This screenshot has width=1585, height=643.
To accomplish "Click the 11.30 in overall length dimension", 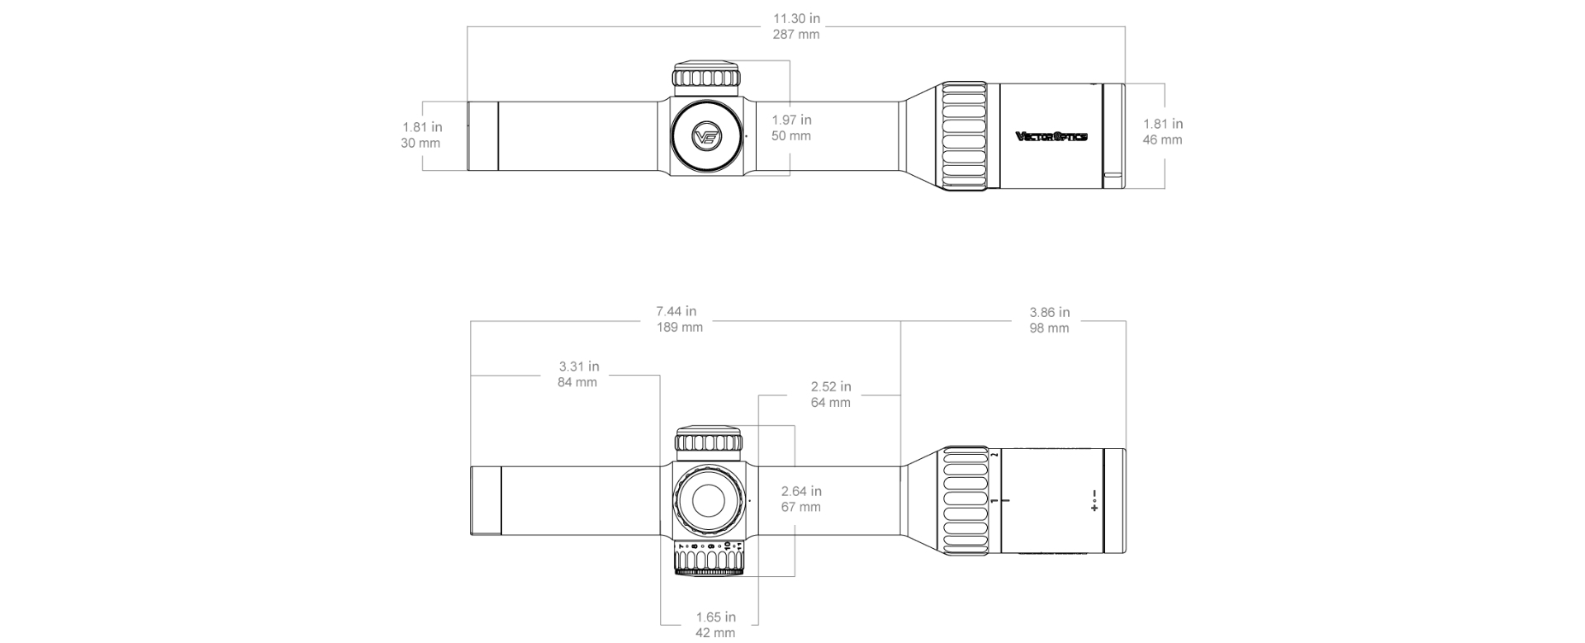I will pyautogui.click(x=796, y=18).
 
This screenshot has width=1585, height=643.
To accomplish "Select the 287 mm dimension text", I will pyautogui.click(x=796, y=35).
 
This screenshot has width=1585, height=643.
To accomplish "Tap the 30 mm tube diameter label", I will pyautogui.click(x=420, y=144).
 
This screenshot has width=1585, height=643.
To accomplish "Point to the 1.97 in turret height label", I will pyautogui.click(x=791, y=121).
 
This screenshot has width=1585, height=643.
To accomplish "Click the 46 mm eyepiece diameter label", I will pyautogui.click(x=1162, y=140).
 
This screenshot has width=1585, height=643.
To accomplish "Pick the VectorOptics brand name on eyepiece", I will pyautogui.click(x=1051, y=137).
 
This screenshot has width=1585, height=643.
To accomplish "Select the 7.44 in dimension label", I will pyautogui.click(x=676, y=311).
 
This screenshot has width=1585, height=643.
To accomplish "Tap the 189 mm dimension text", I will pyautogui.click(x=680, y=328).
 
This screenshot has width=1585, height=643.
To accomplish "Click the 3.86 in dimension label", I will pyautogui.click(x=1049, y=312).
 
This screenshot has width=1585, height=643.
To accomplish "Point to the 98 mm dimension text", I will pyautogui.click(x=1049, y=329).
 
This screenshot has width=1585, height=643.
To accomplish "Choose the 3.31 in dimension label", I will pyautogui.click(x=578, y=366).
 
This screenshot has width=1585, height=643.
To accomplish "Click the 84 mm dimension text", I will pyautogui.click(x=577, y=382).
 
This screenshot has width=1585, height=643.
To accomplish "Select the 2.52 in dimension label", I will pyautogui.click(x=830, y=386).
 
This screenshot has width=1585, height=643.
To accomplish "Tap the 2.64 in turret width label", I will pyautogui.click(x=801, y=491).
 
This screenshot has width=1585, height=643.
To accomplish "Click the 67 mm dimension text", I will pyautogui.click(x=801, y=508).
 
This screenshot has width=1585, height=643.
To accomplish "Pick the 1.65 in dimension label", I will pyautogui.click(x=715, y=617).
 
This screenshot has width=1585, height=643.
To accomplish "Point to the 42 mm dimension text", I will pyautogui.click(x=715, y=633).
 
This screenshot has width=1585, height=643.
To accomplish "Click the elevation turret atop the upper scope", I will pyautogui.click(x=706, y=76).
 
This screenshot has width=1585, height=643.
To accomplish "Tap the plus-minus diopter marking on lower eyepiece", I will pyautogui.click(x=1094, y=500).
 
